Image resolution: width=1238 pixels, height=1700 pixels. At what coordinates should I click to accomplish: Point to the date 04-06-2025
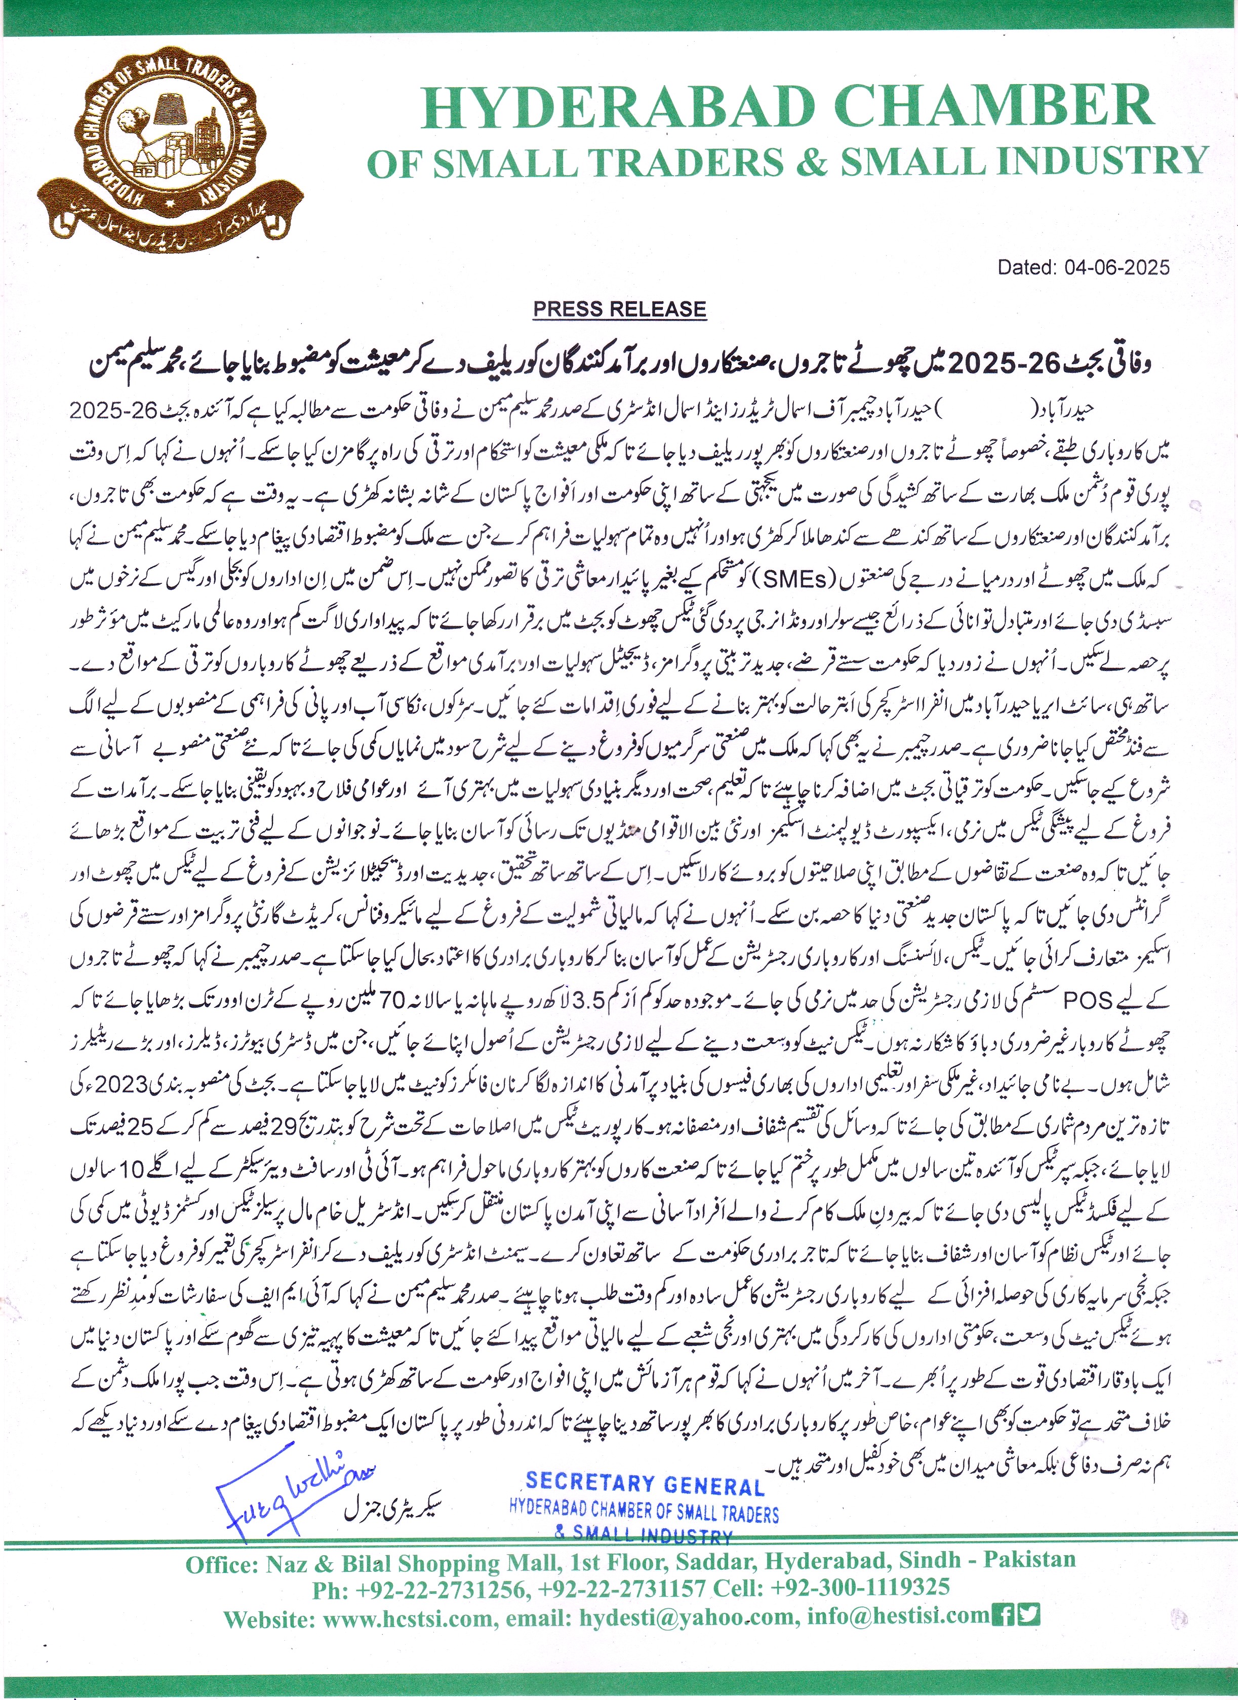point(1116,267)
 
